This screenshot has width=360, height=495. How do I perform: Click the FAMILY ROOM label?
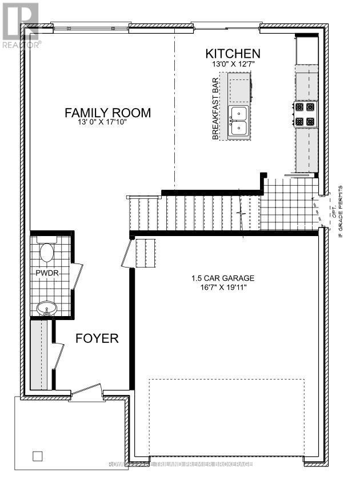[x=107, y=113]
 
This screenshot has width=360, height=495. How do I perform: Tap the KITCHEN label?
[x=233, y=54]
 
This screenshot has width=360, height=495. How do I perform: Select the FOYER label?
[x=97, y=338]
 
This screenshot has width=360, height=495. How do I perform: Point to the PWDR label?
[x=44, y=273]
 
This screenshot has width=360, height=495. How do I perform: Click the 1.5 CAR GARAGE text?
[x=223, y=279]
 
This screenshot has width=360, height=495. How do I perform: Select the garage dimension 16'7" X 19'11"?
[x=223, y=289]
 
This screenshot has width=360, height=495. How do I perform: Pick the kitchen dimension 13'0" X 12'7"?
[x=233, y=65]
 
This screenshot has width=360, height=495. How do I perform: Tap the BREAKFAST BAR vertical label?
[x=216, y=109]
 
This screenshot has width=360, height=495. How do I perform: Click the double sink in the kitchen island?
[x=238, y=121]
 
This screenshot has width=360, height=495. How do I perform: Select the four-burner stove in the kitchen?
[x=304, y=114]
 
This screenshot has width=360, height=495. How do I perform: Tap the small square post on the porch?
[x=38, y=456]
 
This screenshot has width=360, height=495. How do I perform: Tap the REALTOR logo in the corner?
[x=19, y=25]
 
